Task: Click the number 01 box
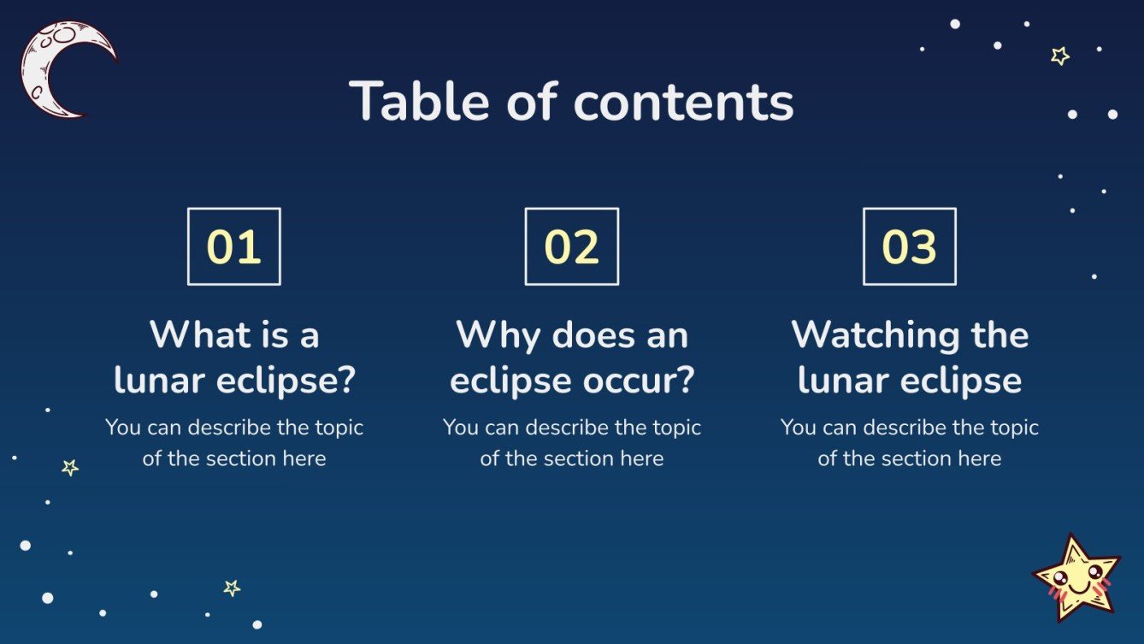tap(233, 246)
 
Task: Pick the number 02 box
tap(571, 246)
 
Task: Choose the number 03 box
tap(909, 246)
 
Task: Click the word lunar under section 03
tap(840, 381)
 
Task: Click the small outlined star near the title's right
tap(1060, 56)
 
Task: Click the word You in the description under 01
tap(123, 427)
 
